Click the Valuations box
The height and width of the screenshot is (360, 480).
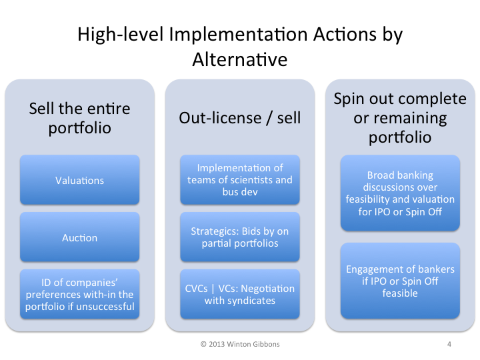79,180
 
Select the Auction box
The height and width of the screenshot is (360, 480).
79,237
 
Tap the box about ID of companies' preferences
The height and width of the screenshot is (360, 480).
79,294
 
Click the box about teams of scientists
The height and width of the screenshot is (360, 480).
240,180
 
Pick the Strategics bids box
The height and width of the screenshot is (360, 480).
240,237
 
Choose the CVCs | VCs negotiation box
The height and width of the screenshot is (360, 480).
240,294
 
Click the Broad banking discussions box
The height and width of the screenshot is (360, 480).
400,193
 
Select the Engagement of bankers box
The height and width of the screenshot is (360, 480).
400,281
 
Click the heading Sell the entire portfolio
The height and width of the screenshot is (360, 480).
79,118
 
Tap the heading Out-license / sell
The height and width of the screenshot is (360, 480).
240,118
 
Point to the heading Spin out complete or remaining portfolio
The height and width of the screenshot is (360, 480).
400,118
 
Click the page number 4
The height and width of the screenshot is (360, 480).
449,344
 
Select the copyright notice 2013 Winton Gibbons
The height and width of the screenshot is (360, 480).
240,344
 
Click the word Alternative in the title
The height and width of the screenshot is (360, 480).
240,59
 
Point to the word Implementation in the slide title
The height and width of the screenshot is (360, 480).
238,34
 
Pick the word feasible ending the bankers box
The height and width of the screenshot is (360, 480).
400,293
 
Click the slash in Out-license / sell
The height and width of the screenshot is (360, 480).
269,118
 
